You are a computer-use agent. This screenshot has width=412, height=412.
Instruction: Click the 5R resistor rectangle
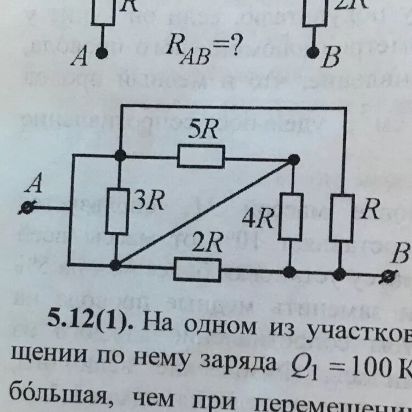(x=201, y=157)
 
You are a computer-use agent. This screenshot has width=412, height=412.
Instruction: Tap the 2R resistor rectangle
(x=197, y=269)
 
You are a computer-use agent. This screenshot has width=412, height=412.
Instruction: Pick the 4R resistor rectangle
(x=291, y=216)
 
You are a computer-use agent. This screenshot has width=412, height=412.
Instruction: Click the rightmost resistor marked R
(x=341, y=218)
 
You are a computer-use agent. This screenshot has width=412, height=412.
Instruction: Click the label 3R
(x=147, y=202)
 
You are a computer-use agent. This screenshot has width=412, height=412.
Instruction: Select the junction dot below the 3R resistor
(x=115, y=265)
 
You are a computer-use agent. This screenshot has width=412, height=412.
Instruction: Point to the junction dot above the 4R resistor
(x=294, y=159)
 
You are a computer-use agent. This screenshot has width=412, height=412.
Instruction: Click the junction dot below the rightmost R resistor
(x=340, y=272)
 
